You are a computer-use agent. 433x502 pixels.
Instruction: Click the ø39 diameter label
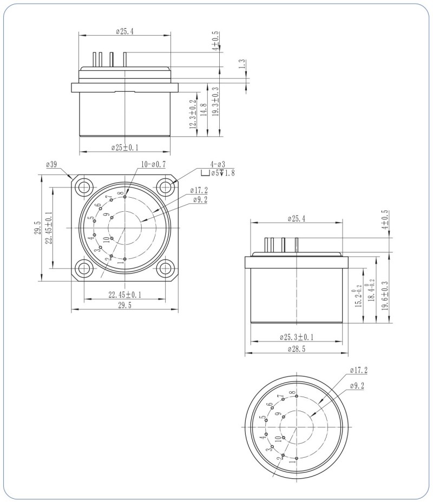(x=52, y=164)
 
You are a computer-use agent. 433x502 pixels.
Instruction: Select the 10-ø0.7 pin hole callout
(x=153, y=164)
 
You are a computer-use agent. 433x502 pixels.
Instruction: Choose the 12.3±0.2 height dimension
(x=192, y=114)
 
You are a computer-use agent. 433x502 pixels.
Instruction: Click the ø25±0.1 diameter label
(x=125, y=148)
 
